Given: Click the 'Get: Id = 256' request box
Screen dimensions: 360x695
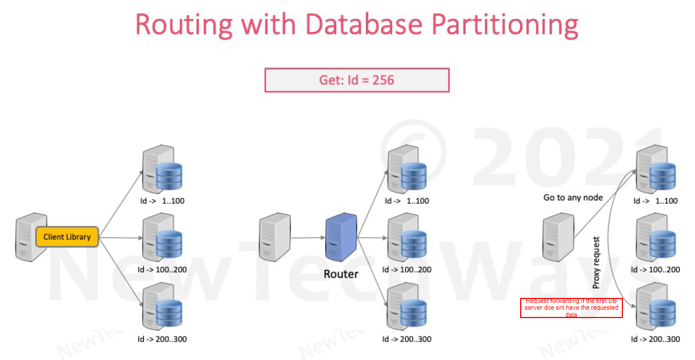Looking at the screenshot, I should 356,80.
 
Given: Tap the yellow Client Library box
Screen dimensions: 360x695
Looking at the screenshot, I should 67,237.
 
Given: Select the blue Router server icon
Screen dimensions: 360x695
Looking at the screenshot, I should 341,236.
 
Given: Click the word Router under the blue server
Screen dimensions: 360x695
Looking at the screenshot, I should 341,274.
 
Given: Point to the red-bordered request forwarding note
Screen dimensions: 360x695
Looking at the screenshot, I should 571,308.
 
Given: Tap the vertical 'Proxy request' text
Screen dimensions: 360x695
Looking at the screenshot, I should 596,263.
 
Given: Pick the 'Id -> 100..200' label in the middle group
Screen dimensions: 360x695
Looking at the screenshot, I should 407,270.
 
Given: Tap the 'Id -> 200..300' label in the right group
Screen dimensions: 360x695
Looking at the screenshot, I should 655,339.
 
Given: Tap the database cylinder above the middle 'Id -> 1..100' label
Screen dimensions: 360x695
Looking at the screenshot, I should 414,175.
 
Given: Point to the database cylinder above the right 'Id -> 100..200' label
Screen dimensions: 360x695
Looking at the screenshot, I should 663,244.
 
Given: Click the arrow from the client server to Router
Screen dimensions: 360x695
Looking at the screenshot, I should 307,238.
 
